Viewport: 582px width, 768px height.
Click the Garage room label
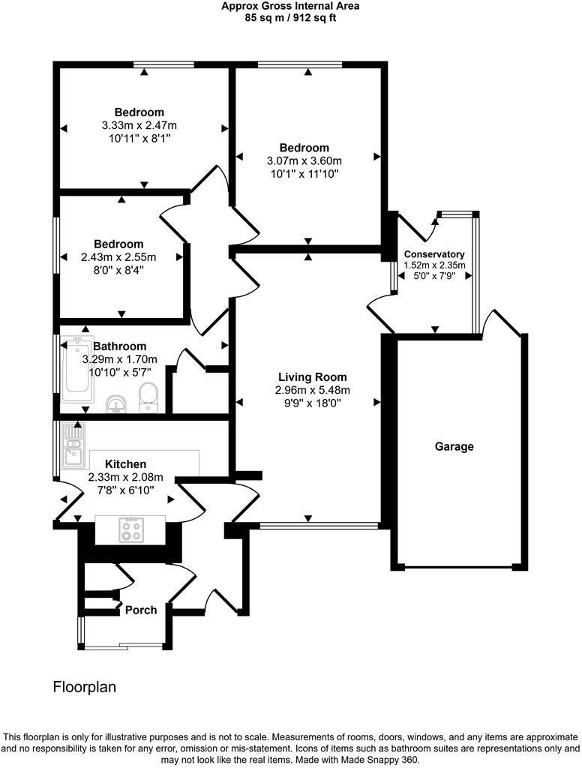(454, 447)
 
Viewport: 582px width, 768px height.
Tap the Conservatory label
(434, 254)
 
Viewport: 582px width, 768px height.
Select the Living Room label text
(313, 377)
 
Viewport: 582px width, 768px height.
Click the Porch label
(141, 610)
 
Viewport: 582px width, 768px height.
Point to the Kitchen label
(126, 463)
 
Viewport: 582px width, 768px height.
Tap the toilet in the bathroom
(148, 397)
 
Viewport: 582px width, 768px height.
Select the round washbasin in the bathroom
(116, 403)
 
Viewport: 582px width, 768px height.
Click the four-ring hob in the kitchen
(131, 530)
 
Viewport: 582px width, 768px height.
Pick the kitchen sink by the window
(73, 445)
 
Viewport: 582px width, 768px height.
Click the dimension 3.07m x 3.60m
(304, 160)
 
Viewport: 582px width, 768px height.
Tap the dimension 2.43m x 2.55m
(118, 257)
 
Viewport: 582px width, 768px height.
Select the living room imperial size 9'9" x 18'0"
(313, 403)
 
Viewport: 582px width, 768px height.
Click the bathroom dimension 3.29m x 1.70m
(120, 359)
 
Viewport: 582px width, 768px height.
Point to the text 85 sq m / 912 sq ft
(290, 19)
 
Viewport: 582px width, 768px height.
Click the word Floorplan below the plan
(85, 687)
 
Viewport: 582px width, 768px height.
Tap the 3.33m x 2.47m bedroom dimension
(139, 125)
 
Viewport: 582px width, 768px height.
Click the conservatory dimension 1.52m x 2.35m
(434, 265)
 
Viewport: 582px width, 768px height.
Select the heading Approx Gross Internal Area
(290, 6)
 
